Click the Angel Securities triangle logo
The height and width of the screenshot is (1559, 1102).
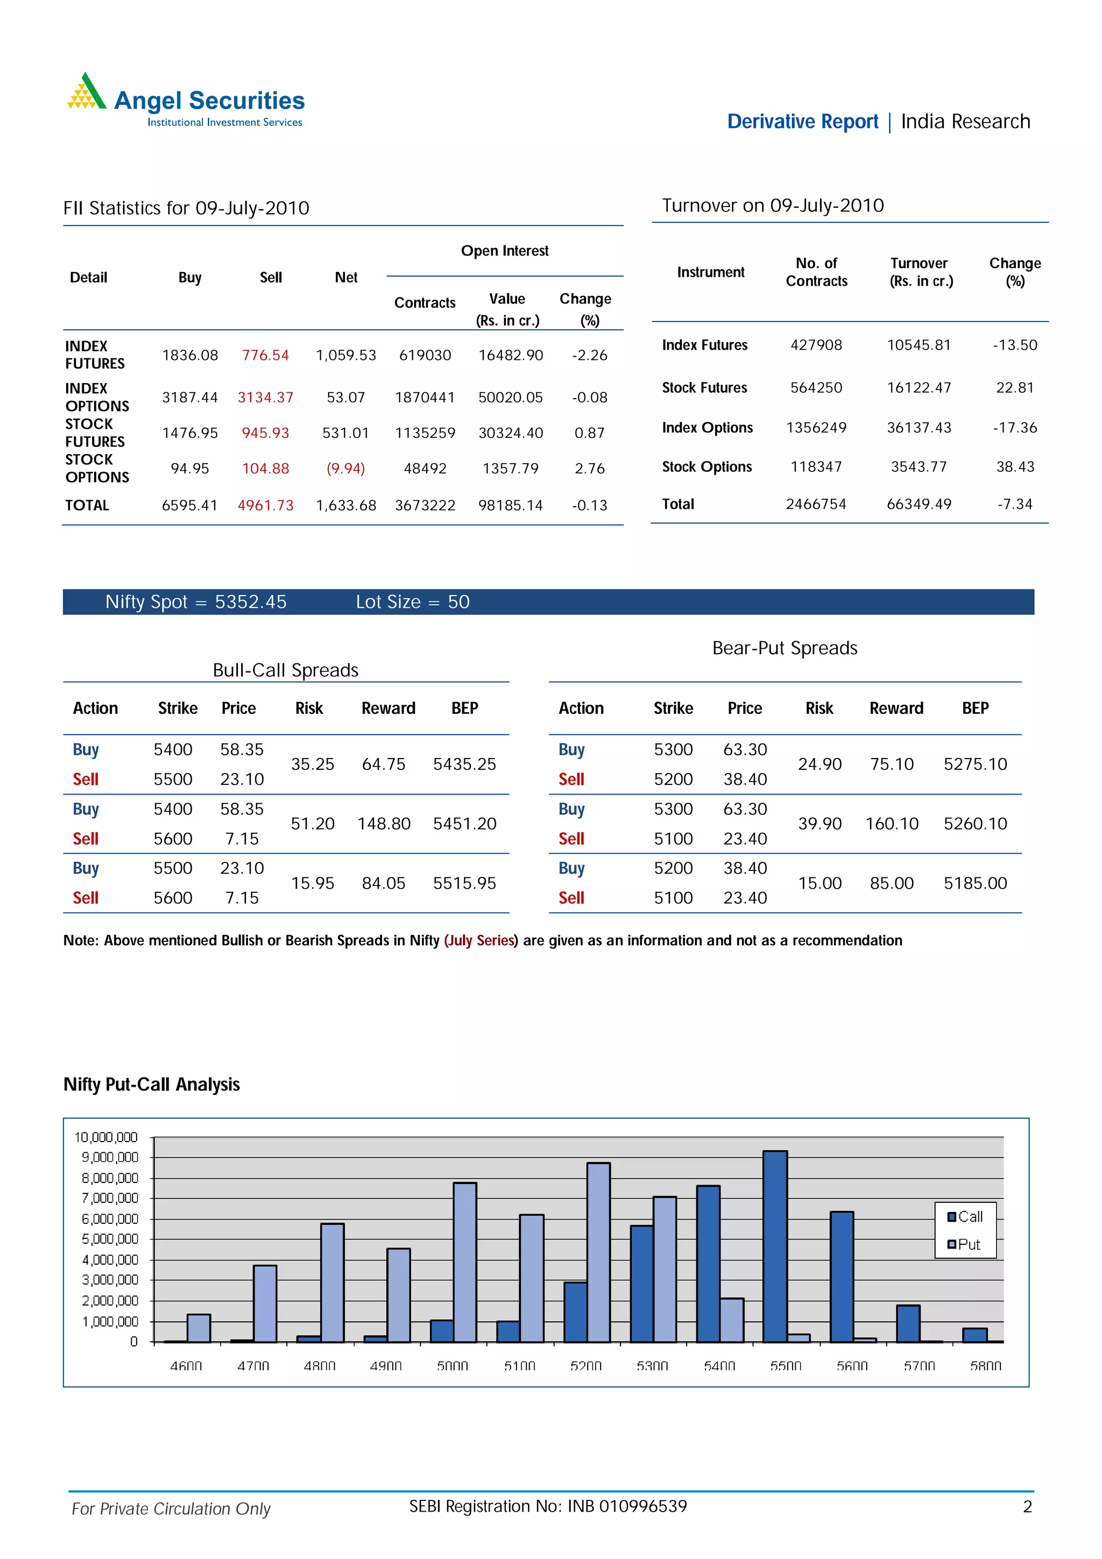tap(86, 91)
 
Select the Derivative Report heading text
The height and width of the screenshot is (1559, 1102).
tap(802, 122)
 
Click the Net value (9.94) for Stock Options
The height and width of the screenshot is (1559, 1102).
tap(345, 469)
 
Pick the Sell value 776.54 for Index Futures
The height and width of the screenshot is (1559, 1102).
tap(265, 355)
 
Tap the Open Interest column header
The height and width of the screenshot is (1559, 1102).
tap(505, 251)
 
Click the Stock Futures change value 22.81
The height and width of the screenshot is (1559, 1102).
tap(1014, 388)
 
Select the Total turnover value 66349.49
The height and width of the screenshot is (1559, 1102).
tap(919, 504)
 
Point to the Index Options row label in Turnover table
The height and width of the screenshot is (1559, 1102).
tap(707, 428)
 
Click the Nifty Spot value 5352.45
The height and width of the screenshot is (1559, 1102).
tap(251, 603)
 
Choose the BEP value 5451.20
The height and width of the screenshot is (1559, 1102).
tap(464, 824)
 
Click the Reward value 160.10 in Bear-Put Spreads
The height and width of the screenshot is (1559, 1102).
tap(892, 824)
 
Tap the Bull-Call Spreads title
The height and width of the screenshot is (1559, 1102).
tap(285, 670)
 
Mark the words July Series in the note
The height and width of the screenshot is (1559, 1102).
tap(481, 940)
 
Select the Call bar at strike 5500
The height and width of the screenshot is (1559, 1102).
tap(775, 1246)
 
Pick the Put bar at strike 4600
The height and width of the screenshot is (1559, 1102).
tap(198, 1328)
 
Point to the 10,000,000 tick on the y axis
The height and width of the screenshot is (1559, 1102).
tap(106, 1137)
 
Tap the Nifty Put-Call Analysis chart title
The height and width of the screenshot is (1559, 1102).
tap(151, 1085)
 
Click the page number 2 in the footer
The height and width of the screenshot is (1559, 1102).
tap(1027, 1507)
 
